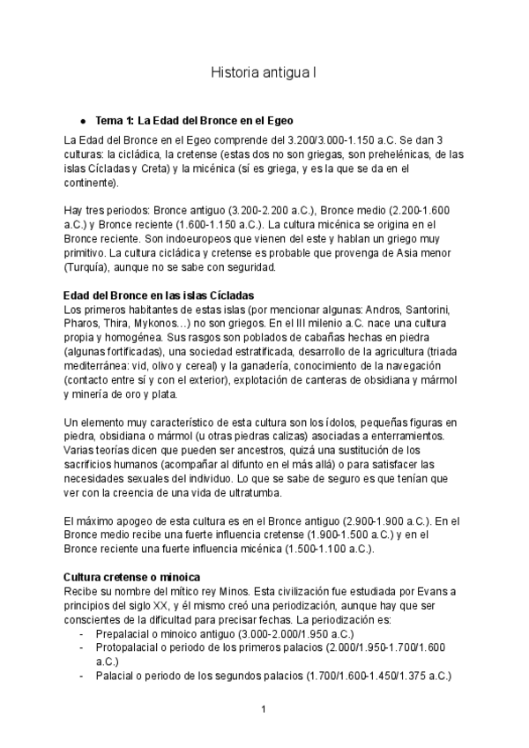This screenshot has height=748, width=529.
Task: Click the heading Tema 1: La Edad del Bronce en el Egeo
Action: click(194, 119)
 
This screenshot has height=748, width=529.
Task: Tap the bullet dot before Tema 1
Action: click(82, 120)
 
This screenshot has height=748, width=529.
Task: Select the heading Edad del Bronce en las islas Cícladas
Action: click(160, 294)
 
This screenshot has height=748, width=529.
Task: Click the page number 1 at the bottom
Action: click(264, 709)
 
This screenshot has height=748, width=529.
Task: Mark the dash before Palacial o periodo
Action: click(82, 676)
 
